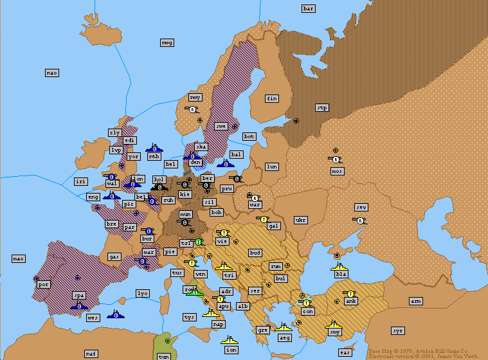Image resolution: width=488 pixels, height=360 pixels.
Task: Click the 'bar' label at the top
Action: click(x=309, y=8)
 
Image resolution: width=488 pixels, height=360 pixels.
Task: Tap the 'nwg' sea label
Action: click(x=167, y=42)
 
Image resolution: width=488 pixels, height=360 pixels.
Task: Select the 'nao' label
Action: click(x=52, y=73)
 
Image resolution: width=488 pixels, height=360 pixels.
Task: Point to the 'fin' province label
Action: click(x=272, y=98)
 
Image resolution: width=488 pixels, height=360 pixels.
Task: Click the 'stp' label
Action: click(x=322, y=107)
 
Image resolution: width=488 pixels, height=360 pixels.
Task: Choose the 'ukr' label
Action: click(x=300, y=220)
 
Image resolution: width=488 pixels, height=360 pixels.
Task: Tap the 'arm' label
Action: click(x=416, y=301)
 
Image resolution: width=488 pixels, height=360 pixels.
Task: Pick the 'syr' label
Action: click(x=398, y=330)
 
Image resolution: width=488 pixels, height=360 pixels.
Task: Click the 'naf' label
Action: click(x=91, y=354)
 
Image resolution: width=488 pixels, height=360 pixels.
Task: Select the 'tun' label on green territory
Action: click(x=164, y=356)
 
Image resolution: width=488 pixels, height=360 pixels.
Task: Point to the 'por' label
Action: click(x=44, y=283)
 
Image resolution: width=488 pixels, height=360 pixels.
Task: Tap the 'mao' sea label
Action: click(x=19, y=258)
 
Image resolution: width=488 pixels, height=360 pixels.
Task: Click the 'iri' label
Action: click(x=80, y=181)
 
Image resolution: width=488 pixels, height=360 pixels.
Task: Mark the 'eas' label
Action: click(x=345, y=352)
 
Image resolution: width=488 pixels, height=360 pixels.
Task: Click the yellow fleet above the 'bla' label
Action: click(x=339, y=265)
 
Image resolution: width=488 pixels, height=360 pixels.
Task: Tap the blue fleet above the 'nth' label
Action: click(x=154, y=148)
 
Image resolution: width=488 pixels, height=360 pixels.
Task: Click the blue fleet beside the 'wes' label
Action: click(x=117, y=314)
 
